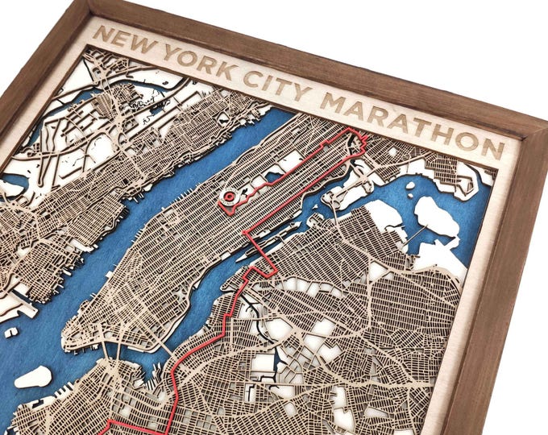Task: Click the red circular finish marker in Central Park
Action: point(229,196)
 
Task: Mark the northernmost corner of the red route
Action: point(350,130)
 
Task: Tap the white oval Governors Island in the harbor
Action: point(33,376)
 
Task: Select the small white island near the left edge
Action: point(10,332)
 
